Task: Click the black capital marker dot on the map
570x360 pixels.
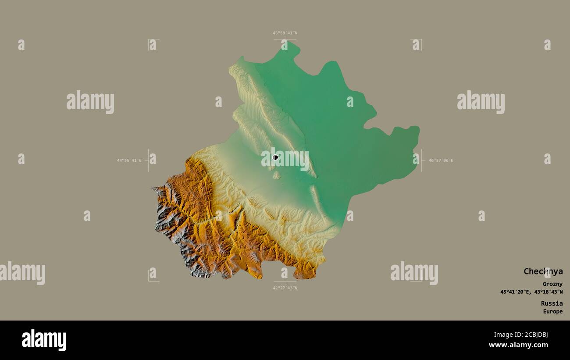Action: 275,157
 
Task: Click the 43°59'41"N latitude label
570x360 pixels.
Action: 285,33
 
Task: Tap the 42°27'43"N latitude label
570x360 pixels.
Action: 285,288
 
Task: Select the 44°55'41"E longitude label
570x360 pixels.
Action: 129,160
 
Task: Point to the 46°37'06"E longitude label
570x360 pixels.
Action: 441,160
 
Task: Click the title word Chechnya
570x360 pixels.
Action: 543,271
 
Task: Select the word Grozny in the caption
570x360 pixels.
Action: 552,284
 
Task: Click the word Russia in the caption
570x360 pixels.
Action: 552,303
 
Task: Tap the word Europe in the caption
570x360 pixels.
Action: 552,312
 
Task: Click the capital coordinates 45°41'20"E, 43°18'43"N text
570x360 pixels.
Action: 531,292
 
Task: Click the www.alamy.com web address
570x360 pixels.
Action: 518,345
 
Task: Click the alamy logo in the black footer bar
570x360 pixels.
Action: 44,340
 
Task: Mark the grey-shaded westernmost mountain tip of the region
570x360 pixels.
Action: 153,189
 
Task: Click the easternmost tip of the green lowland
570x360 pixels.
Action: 419,128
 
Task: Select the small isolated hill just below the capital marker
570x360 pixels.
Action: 277,175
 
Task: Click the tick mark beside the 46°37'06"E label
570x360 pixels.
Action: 422,160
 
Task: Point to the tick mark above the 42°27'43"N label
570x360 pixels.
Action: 285,281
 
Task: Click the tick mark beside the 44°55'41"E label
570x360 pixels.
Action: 148,160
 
